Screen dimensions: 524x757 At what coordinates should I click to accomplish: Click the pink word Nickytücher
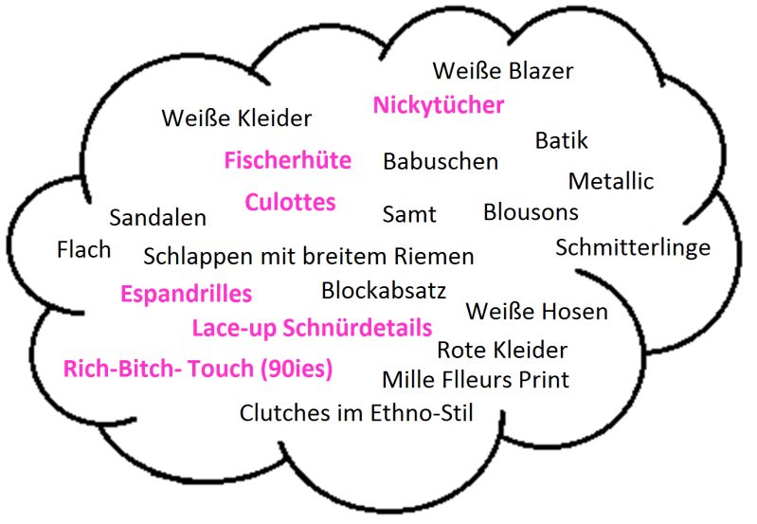pyautogui.click(x=439, y=105)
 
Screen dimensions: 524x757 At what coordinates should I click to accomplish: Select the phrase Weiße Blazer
pyautogui.click(x=502, y=71)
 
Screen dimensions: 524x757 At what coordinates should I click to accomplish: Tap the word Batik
pyautogui.click(x=561, y=141)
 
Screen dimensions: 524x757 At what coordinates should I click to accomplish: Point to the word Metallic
pyautogui.click(x=610, y=181)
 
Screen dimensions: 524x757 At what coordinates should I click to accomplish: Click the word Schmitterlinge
pyautogui.click(x=632, y=248)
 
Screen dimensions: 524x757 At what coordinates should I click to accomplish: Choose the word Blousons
pyautogui.click(x=531, y=212)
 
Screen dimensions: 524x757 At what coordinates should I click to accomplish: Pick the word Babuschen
pyautogui.click(x=440, y=162)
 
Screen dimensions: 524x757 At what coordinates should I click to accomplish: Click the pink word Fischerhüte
pyautogui.click(x=287, y=161)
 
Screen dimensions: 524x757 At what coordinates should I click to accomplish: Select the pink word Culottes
pyautogui.click(x=290, y=203)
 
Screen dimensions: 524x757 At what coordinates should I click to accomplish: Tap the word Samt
pyautogui.click(x=409, y=215)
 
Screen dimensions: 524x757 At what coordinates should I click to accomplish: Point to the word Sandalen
pyautogui.click(x=157, y=218)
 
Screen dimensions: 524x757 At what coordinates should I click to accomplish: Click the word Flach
pyautogui.click(x=83, y=250)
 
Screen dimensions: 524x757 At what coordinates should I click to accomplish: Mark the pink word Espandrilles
pyautogui.click(x=186, y=294)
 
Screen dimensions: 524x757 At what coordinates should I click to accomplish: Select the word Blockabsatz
pyautogui.click(x=383, y=290)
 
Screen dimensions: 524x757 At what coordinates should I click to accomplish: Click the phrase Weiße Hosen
pyautogui.click(x=536, y=312)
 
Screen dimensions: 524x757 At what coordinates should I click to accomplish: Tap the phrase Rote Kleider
pyautogui.click(x=501, y=351)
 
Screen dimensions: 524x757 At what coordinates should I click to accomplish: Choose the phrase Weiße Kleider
pyautogui.click(x=236, y=119)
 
